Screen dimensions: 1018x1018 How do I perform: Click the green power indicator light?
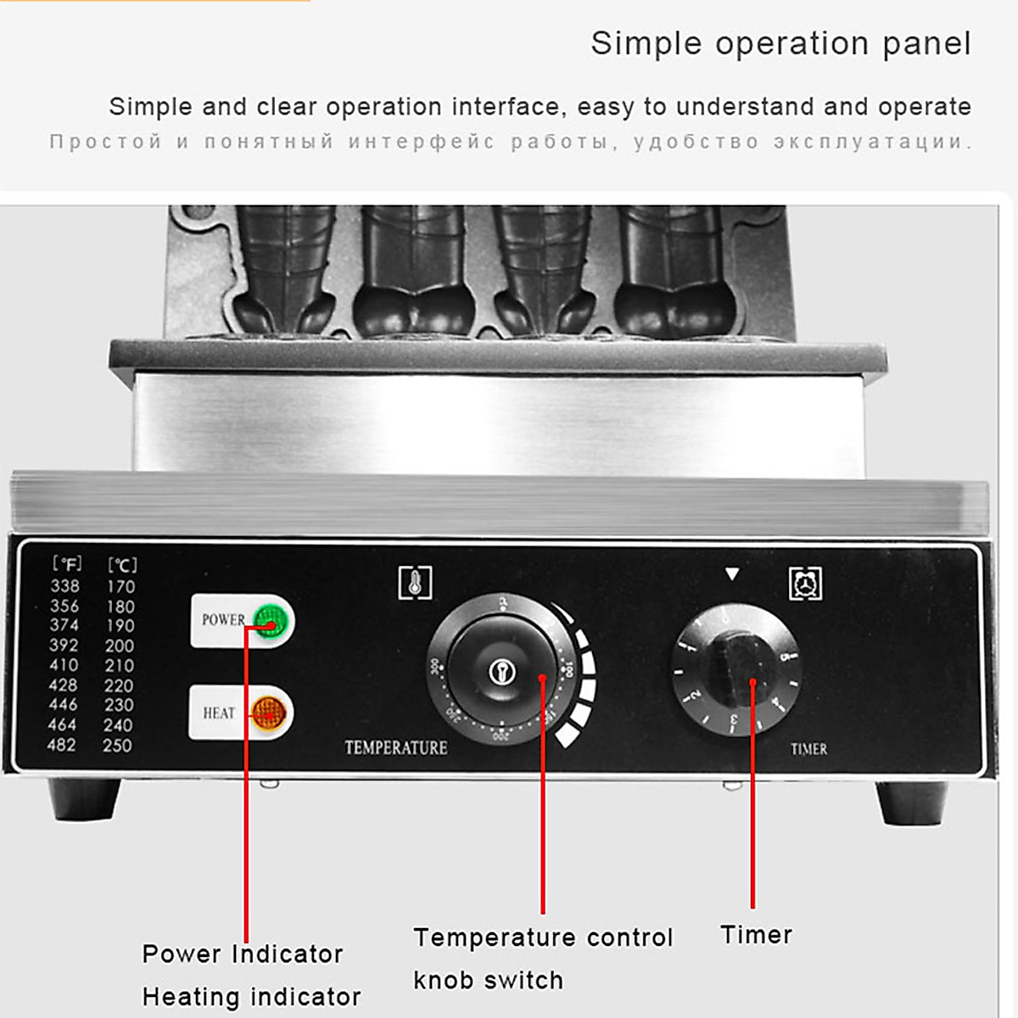tap(271, 621)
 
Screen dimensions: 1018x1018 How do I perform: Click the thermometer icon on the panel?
tap(415, 583)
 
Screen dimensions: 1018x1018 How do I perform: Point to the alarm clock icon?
tap(805, 584)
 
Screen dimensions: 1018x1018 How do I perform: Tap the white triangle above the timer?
tap(732, 574)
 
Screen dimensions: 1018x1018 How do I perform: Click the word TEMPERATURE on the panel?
tap(395, 747)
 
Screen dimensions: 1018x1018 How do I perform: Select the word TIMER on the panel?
tap(808, 749)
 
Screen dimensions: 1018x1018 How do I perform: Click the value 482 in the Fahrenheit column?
tap(62, 745)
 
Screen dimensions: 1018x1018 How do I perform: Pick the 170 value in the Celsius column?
tap(120, 586)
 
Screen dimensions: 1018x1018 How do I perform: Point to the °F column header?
tap(67, 563)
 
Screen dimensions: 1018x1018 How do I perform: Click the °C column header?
tap(122, 564)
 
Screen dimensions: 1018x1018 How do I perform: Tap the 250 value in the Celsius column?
tap(117, 746)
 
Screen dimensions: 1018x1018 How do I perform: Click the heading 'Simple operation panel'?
tap(780, 43)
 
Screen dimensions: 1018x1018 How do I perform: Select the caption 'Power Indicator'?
tap(243, 954)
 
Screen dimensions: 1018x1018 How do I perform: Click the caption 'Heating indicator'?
tap(251, 996)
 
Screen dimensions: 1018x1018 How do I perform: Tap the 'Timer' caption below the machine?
tap(756, 934)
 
